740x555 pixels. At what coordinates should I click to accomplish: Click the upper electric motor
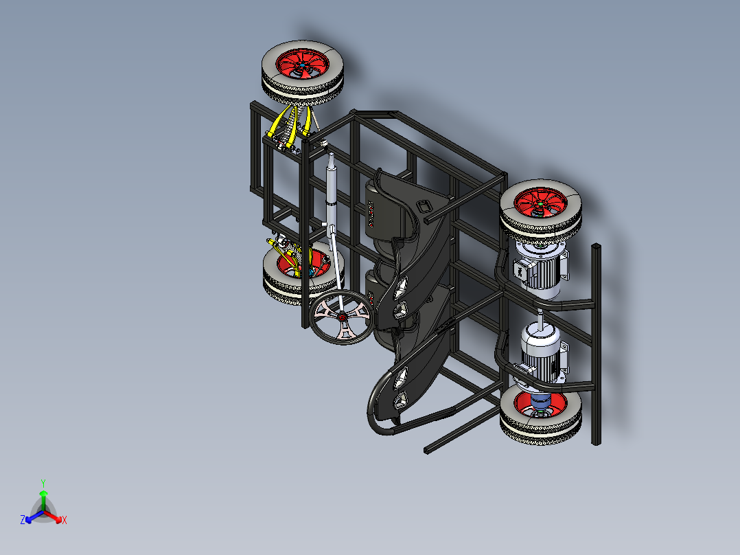click(540, 271)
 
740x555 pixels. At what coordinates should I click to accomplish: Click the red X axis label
click(64, 520)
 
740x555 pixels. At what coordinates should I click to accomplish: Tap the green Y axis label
click(43, 483)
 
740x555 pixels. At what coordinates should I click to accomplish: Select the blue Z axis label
click(23, 520)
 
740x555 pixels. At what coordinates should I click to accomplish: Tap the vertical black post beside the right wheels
click(596, 343)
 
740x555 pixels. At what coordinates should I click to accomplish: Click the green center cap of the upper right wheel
click(540, 204)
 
